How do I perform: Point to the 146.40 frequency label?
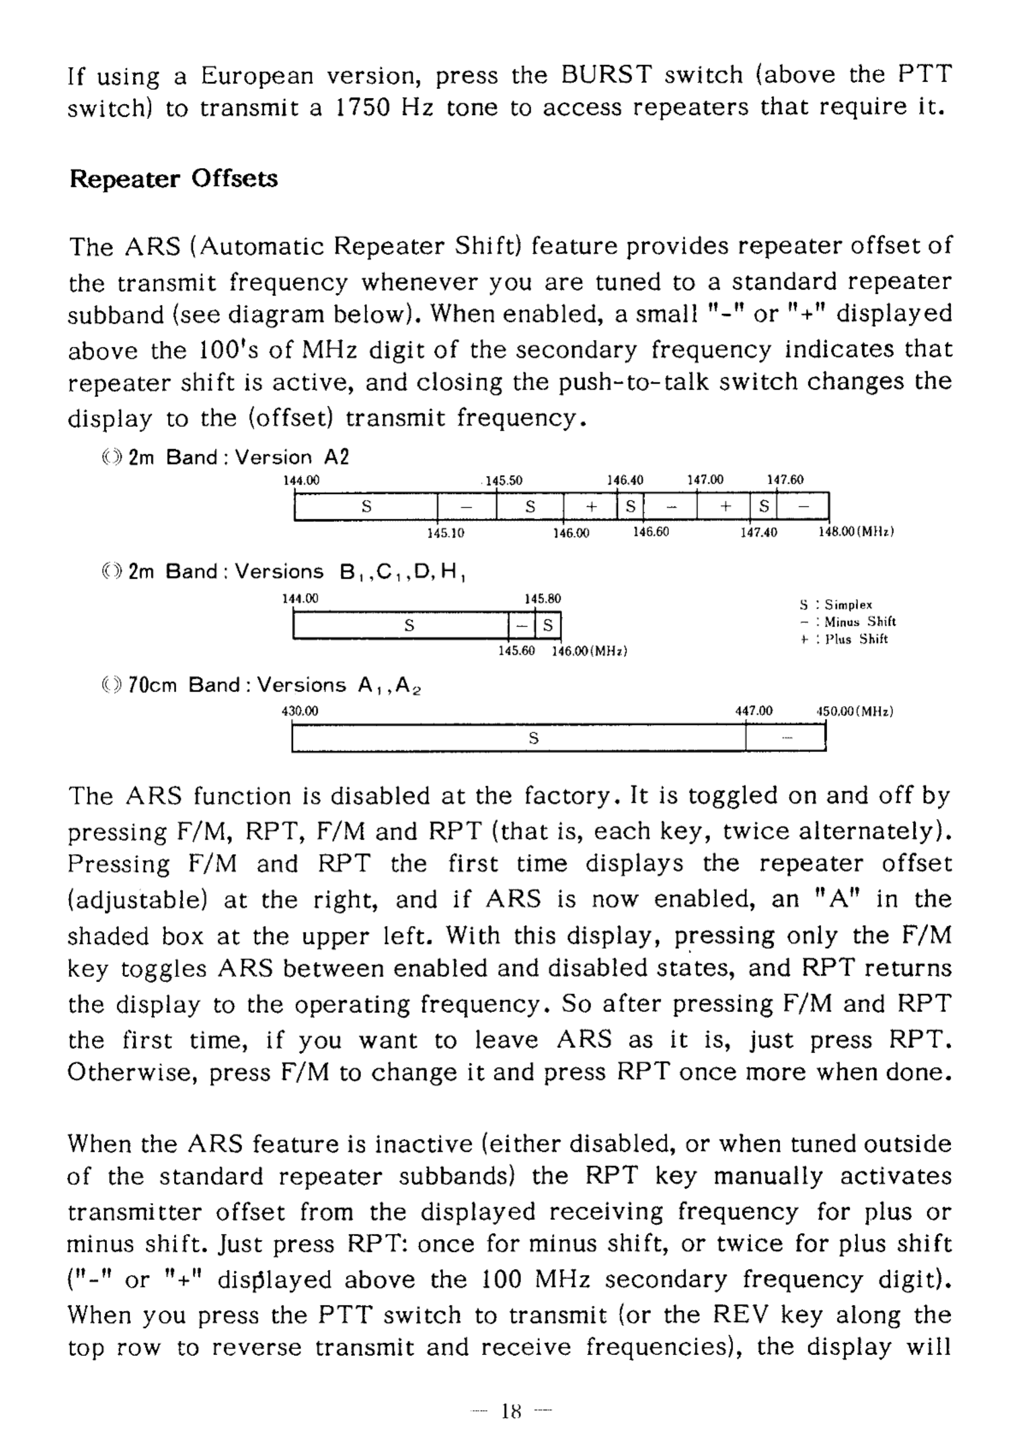tap(625, 480)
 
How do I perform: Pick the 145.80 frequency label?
tap(542, 599)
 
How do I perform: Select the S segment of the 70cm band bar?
tap(533, 738)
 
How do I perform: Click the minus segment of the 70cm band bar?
tap(786, 738)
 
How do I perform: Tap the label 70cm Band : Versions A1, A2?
tap(274, 686)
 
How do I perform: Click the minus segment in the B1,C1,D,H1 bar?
tap(522, 626)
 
